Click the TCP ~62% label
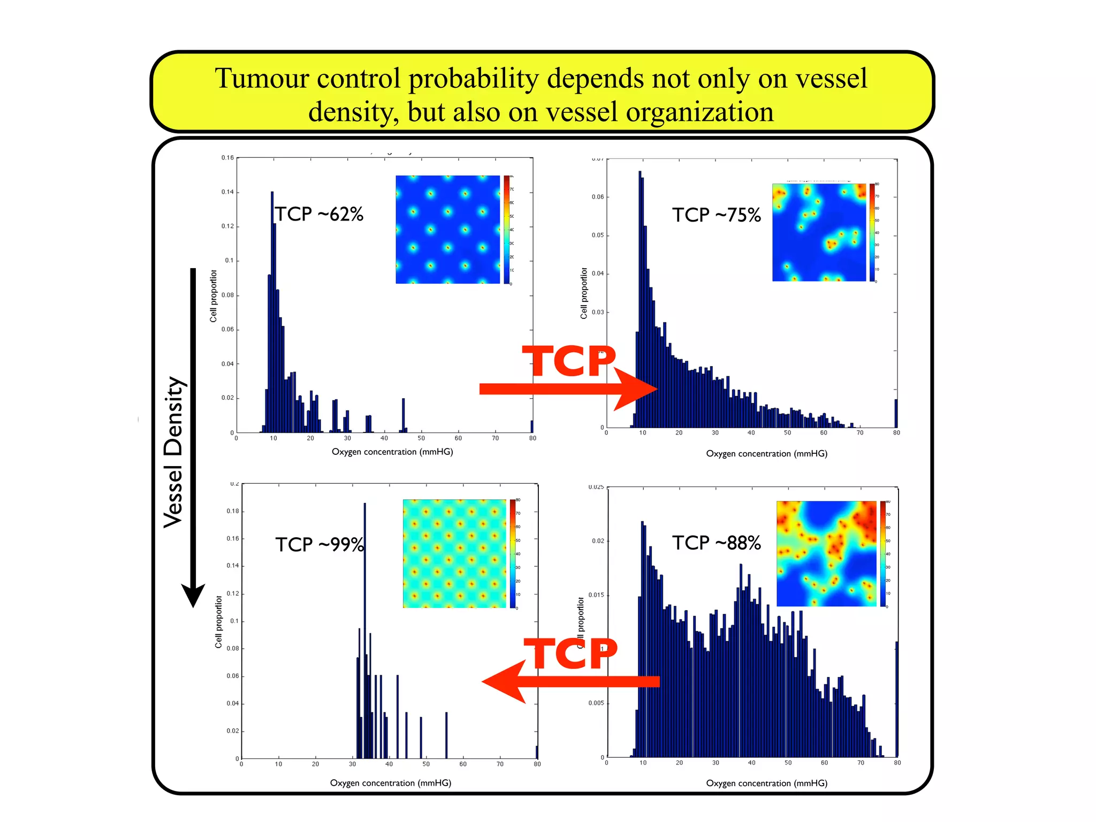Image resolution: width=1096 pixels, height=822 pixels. (319, 214)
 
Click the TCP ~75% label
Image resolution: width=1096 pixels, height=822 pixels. (716, 215)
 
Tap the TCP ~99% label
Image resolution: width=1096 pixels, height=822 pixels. (319, 545)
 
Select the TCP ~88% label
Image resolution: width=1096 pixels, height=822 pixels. (716, 543)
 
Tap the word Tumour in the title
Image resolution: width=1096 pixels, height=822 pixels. (262, 79)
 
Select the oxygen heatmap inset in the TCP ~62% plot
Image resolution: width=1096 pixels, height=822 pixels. (448, 230)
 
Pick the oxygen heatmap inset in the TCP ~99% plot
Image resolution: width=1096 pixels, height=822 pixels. (454, 553)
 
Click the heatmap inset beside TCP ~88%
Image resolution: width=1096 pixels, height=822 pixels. (826, 553)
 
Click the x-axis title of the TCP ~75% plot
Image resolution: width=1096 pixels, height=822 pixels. (766, 454)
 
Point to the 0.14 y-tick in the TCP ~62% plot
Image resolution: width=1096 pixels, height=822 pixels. (227, 192)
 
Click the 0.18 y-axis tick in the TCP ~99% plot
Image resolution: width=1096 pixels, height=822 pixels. (232, 511)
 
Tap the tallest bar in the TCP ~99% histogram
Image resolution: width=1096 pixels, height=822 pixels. (365, 631)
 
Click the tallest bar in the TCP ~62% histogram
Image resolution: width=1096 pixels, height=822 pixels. (272, 310)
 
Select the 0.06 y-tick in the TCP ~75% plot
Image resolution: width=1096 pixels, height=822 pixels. (597, 197)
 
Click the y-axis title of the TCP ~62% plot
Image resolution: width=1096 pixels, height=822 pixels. (214, 296)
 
